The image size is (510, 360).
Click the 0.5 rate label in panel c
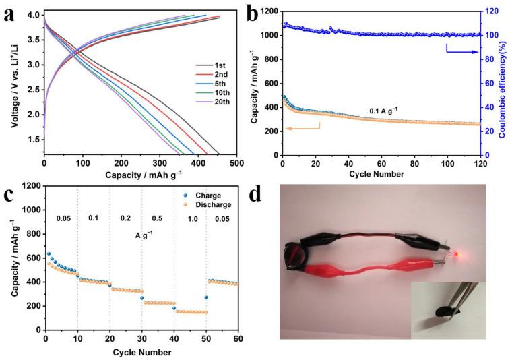tap(158, 218)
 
